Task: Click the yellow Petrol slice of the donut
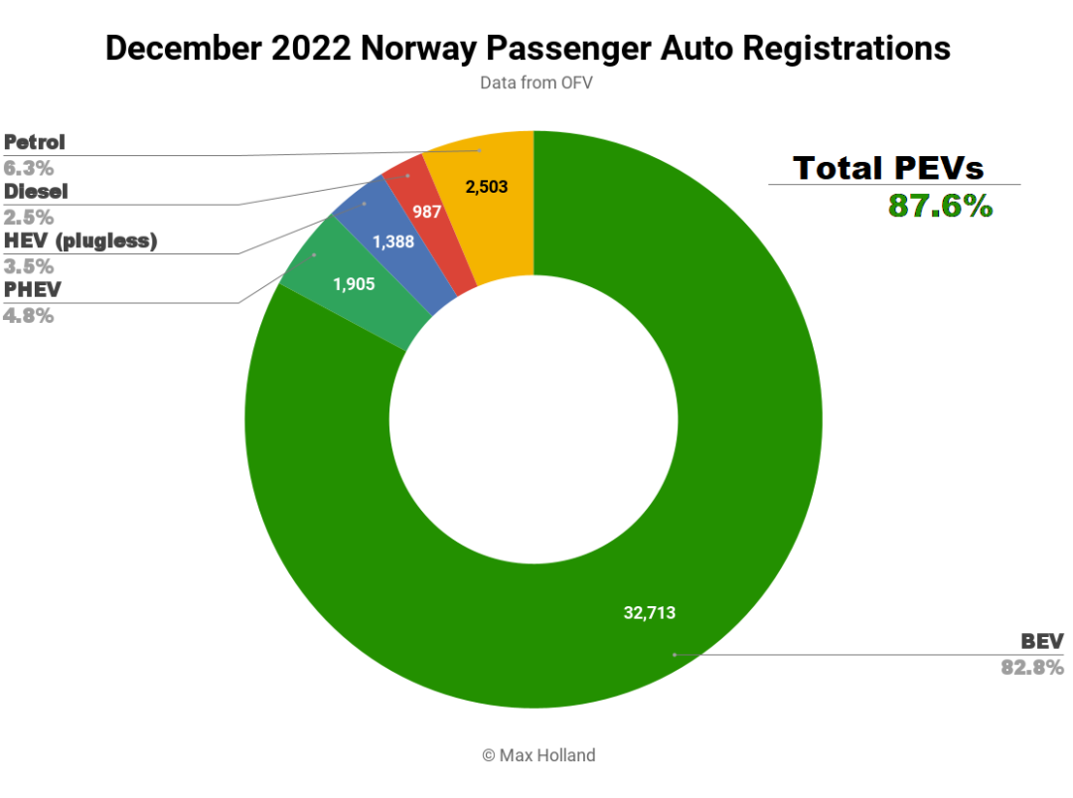pyautogui.click(x=487, y=214)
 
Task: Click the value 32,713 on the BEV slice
pyautogui.click(x=649, y=613)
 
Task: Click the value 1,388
pyautogui.click(x=394, y=241)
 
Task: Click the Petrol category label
pyautogui.click(x=35, y=142)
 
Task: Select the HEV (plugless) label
pyautogui.click(x=80, y=240)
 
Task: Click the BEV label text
pyautogui.click(x=1042, y=640)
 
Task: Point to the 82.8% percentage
pyautogui.click(x=1032, y=667)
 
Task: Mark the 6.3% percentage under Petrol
pyautogui.click(x=29, y=167)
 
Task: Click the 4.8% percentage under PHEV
pyautogui.click(x=29, y=316)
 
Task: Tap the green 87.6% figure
pyautogui.click(x=940, y=206)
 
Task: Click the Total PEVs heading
pyautogui.click(x=888, y=167)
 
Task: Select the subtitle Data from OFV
pyautogui.click(x=536, y=82)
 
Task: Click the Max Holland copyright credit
pyautogui.click(x=538, y=755)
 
